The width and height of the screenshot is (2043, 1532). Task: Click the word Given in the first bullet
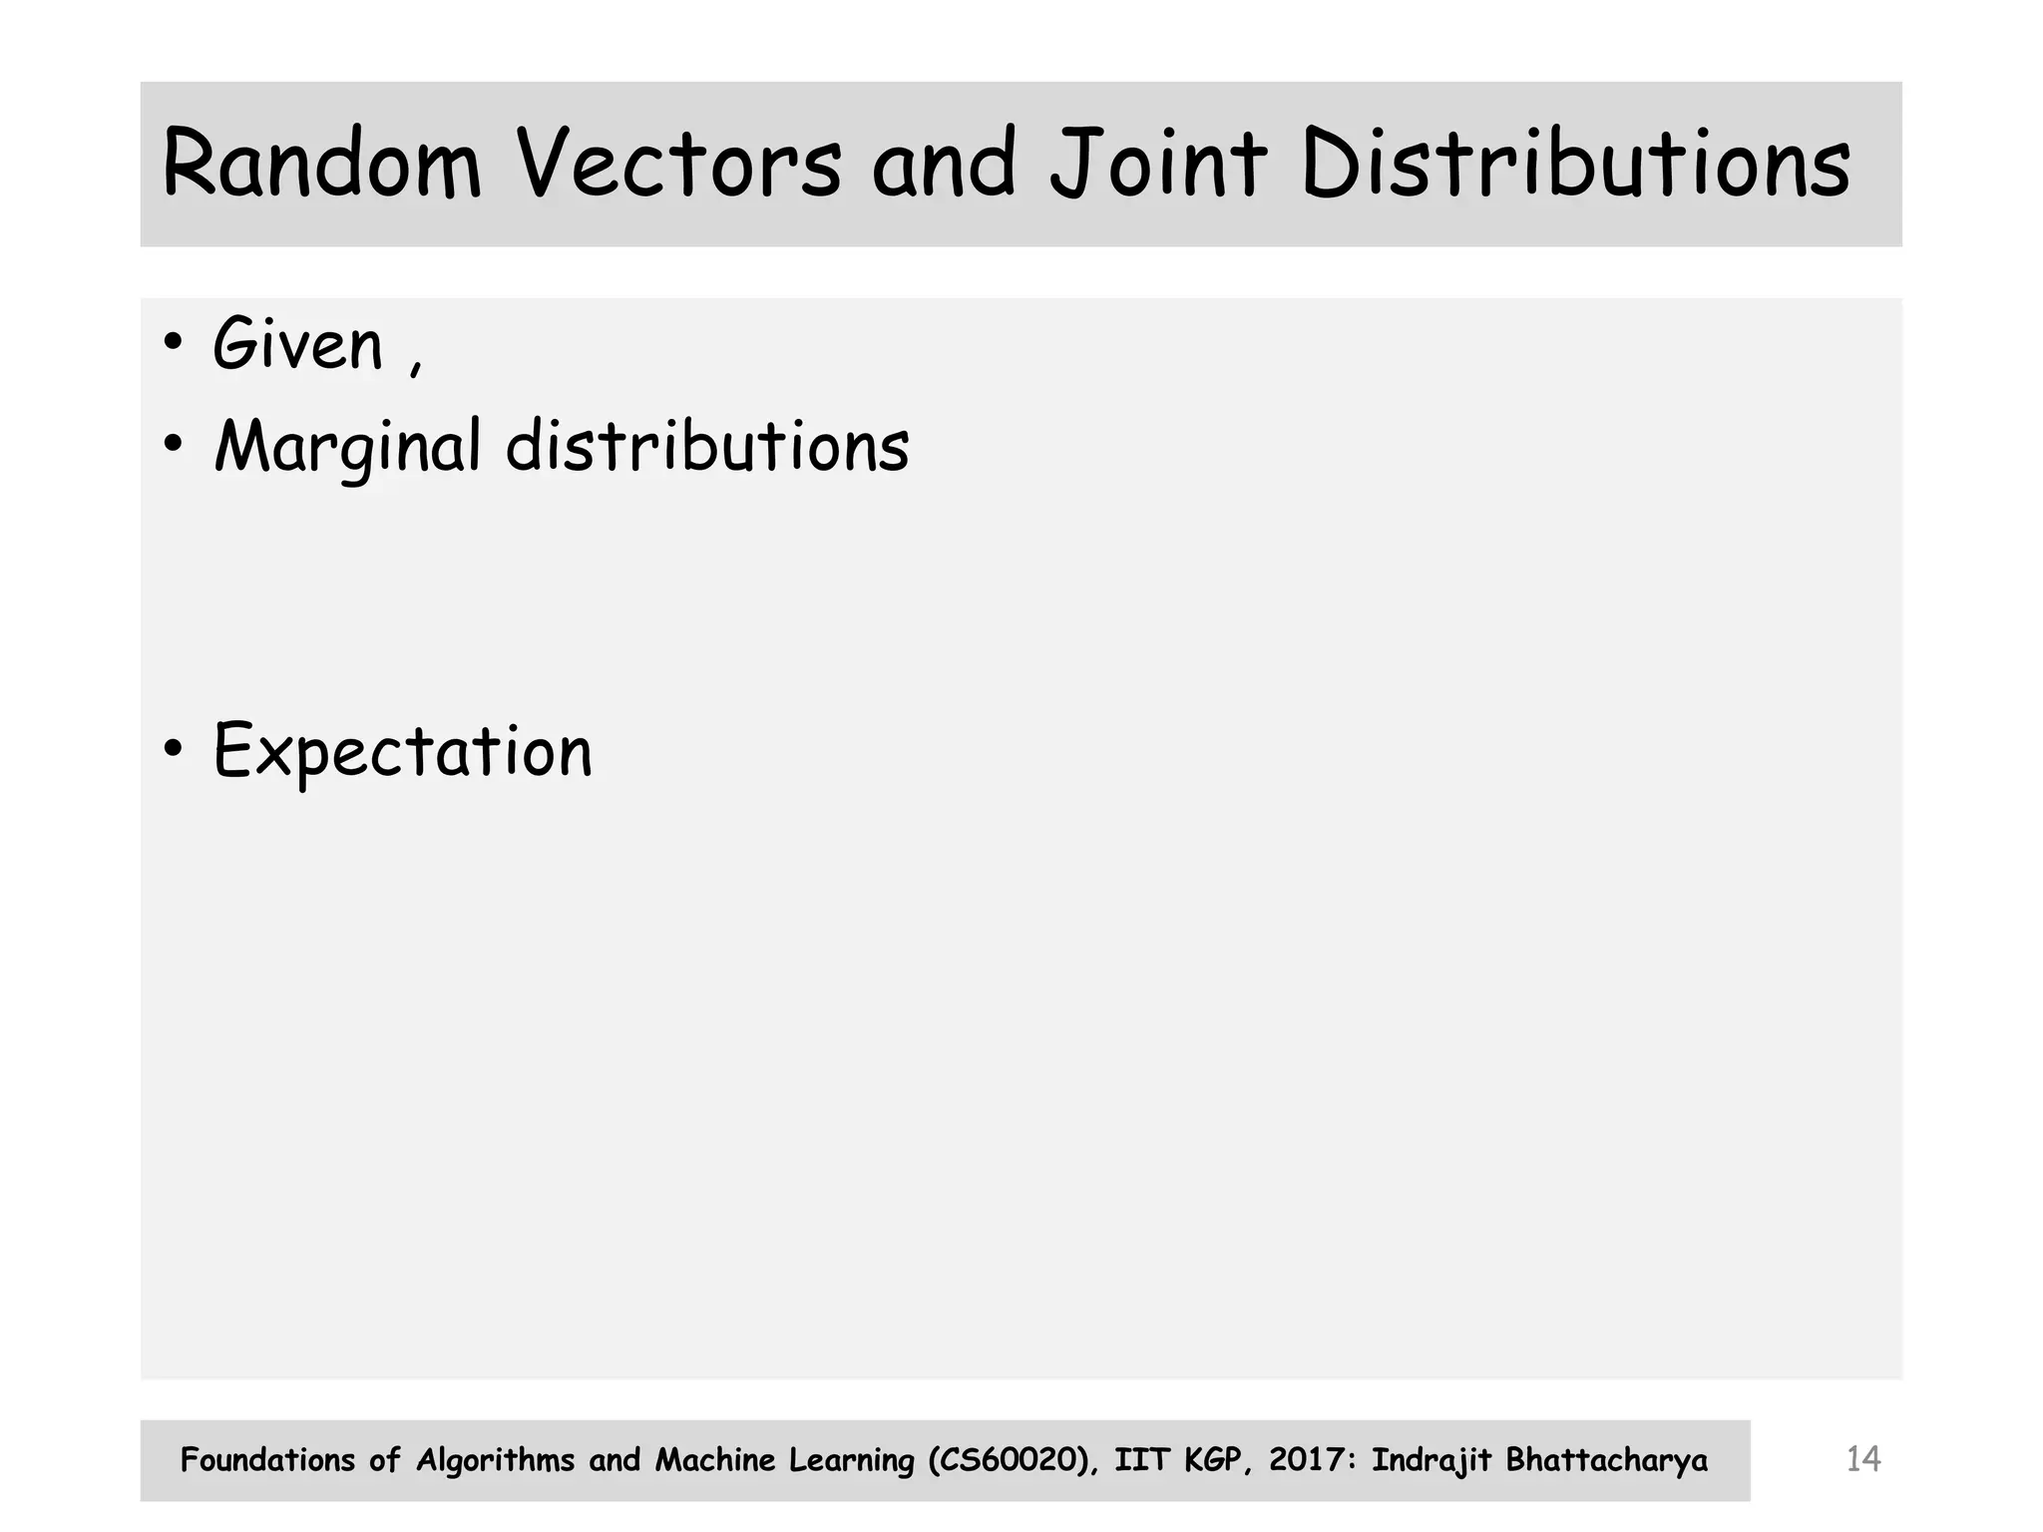(x=297, y=345)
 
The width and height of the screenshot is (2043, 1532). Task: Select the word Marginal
(x=348, y=446)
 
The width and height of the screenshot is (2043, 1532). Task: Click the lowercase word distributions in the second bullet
(x=707, y=446)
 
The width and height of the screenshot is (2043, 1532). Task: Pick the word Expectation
(x=403, y=751)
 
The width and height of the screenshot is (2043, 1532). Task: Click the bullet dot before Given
(x=174, y=343)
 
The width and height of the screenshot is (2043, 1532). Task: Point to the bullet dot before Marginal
(x=174, y=445)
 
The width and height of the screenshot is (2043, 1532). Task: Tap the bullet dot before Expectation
(x=174, y=749)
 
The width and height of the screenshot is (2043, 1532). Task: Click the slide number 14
(x=1862, y=1460)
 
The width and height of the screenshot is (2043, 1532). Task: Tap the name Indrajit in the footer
(x=1431, y=1460)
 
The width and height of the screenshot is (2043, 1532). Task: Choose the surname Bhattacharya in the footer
(x=1606, y=1460)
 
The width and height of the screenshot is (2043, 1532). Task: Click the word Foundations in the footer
(x=267, y=1460)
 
